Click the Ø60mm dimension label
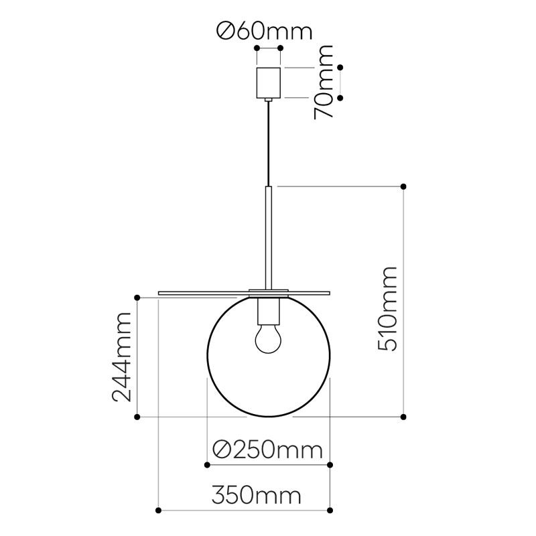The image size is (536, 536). click(265, 31)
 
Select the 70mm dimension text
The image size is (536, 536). click(324, 82)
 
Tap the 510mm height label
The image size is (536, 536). click(388, 309)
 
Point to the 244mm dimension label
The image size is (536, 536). click(122, 357)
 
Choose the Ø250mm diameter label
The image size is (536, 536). click(267, 450)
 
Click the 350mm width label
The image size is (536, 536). click(257, 495)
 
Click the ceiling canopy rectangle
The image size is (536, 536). click(269, 82)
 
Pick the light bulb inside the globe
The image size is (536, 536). click(269, 338)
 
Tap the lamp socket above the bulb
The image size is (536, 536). click(269, 311)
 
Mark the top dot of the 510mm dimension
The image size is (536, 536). click(403, 187)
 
